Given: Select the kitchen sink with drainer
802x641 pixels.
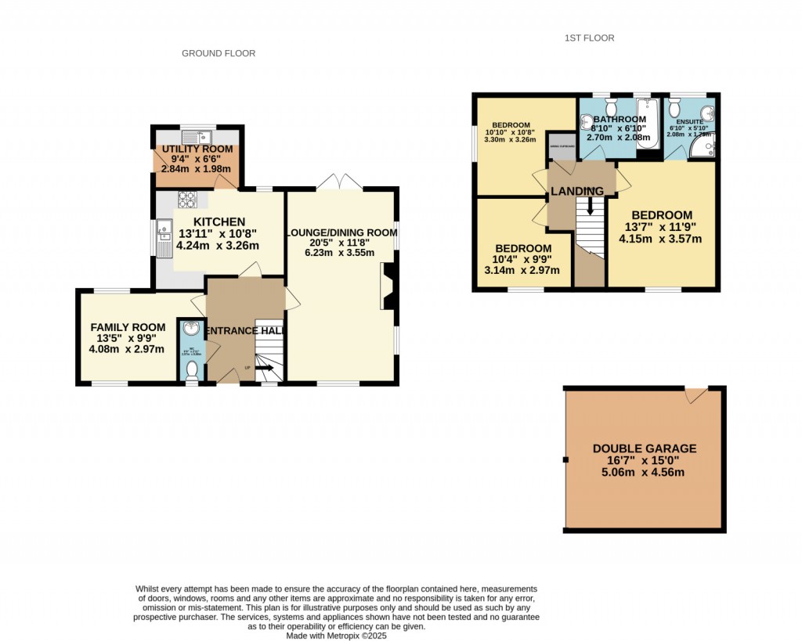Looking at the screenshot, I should coord(164,238).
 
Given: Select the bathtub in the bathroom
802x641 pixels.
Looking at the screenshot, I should coord(647,121).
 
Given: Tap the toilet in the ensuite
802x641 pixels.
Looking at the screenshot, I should coord(674,106).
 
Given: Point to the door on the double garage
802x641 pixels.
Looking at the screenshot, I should coord(695,394).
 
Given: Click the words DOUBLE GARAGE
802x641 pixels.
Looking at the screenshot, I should coord(644,448).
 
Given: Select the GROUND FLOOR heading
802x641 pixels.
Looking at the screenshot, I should coord(219,53).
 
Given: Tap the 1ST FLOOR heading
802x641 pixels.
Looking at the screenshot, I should coord(590,38).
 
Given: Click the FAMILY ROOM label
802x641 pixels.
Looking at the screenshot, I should coord(128,327).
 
